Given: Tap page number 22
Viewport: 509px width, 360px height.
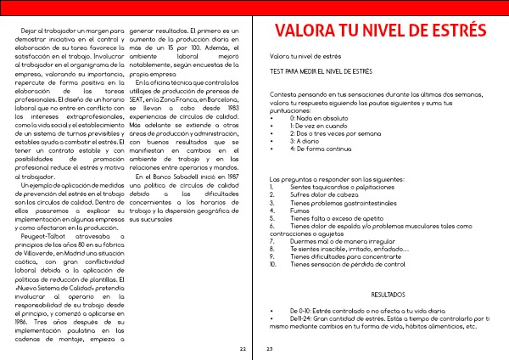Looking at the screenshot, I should pyautogui.click(x=243, y=348).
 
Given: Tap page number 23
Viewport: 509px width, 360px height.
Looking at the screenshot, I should pyautogui.click(x=269, y=348).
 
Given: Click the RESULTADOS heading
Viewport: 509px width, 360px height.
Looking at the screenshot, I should pyautogui.click(x=389, y=294).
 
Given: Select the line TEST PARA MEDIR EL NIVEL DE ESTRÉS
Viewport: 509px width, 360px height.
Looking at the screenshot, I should pyautogui.click(x=321, y=72).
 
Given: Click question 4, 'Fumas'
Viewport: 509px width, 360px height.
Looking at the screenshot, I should pyautogui.click(x=299, y=211).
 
